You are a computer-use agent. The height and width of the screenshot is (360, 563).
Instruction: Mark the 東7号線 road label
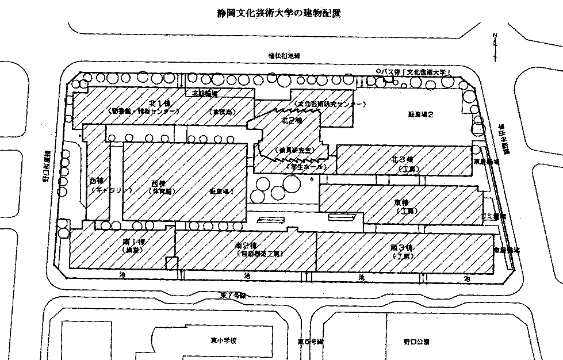[233, 295]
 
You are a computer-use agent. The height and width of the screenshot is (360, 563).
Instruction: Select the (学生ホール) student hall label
[308, 167]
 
